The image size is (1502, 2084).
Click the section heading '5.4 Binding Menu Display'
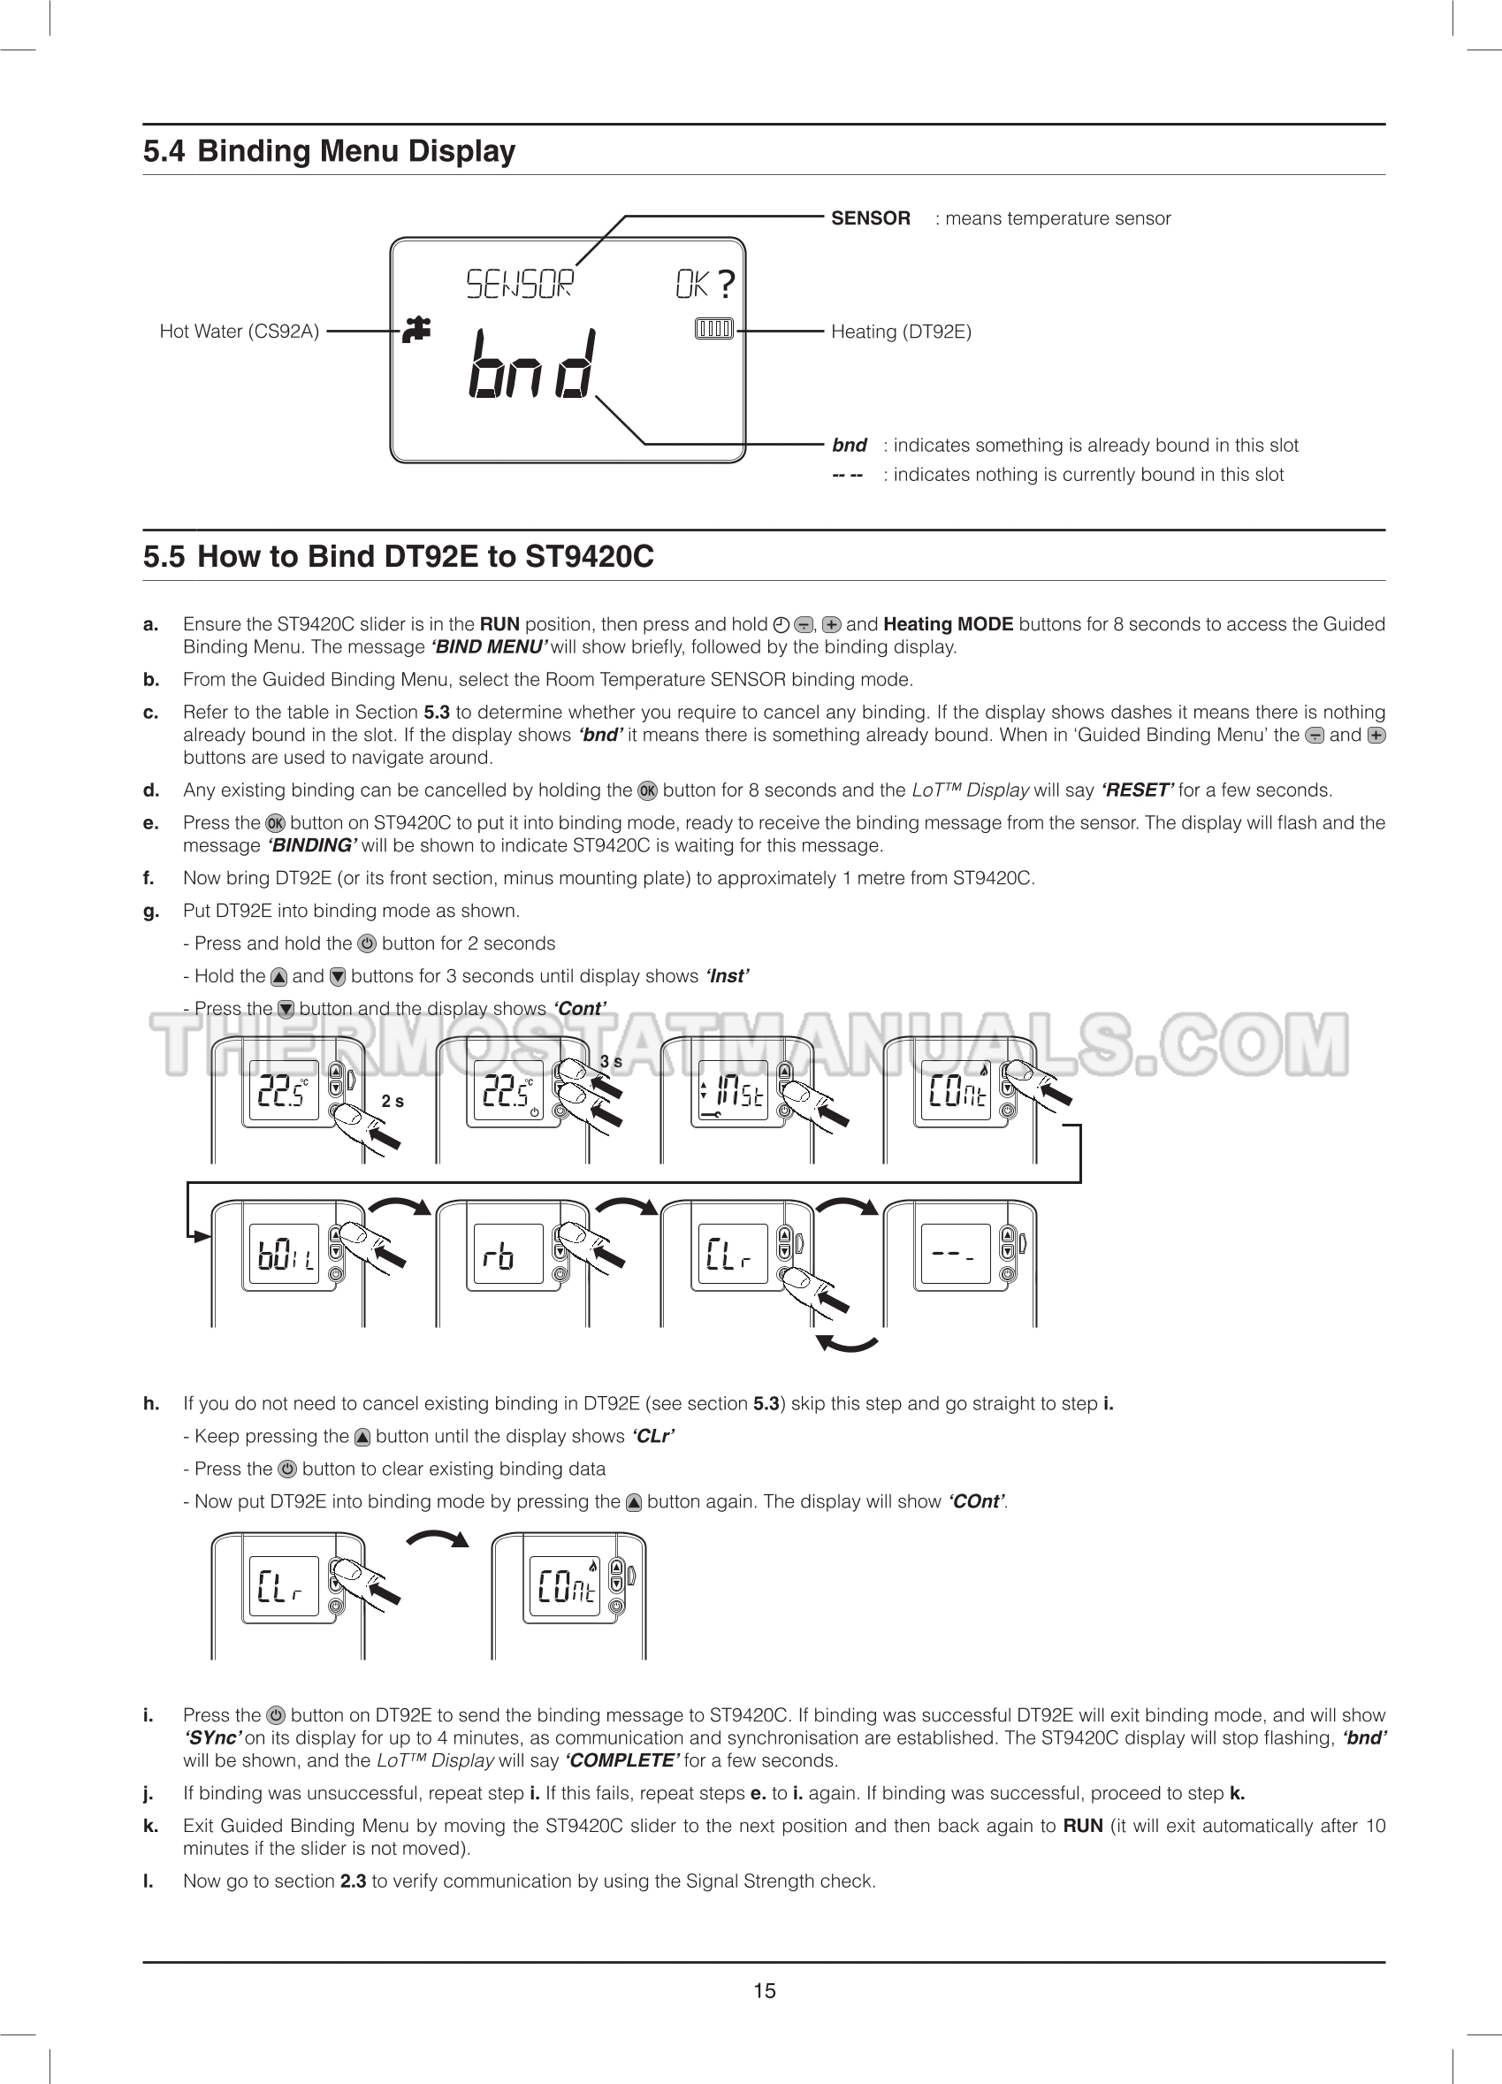point(329,150)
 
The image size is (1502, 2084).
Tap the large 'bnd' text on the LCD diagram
point(532,365)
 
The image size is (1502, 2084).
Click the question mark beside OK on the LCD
point(726,284)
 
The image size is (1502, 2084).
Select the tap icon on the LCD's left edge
point(417,330)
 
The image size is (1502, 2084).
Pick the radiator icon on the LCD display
point(713,329)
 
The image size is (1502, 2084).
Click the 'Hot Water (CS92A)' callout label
point(239,331)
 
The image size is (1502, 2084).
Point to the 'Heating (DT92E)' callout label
point(900,332)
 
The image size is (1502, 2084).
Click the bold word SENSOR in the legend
point(870,218)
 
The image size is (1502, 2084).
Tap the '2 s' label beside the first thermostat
point(393,1102)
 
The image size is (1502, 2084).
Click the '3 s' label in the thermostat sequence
point(610,1062)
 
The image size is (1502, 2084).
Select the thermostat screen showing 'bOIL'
point(284,1255)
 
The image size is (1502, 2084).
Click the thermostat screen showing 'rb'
point(508,1255)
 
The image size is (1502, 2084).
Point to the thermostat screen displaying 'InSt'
point(733,1094)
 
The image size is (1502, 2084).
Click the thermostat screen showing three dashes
point(955,1255)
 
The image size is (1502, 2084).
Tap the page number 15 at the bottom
point(764,1990)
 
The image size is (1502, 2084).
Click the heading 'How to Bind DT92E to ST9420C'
point(424,557)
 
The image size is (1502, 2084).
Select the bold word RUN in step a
point(499,625)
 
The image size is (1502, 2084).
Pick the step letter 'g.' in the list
point(150,911)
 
